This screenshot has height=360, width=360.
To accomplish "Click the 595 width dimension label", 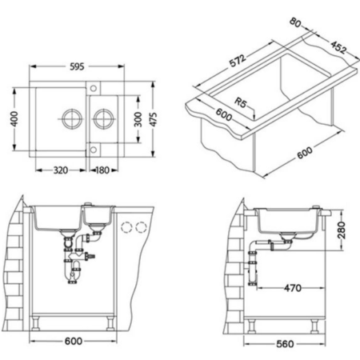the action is (77, 66).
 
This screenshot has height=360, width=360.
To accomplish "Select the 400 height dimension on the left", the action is (14, 119).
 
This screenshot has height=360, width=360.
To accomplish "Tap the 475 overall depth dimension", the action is (154, 119).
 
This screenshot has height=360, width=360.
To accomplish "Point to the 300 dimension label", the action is (138, 119).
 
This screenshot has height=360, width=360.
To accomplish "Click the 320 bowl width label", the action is (61, 170).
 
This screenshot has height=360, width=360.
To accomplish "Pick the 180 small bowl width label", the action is (102, 170).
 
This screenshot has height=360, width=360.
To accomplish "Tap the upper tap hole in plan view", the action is (94, 88).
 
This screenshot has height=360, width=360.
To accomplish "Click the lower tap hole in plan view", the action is (94, 150).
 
